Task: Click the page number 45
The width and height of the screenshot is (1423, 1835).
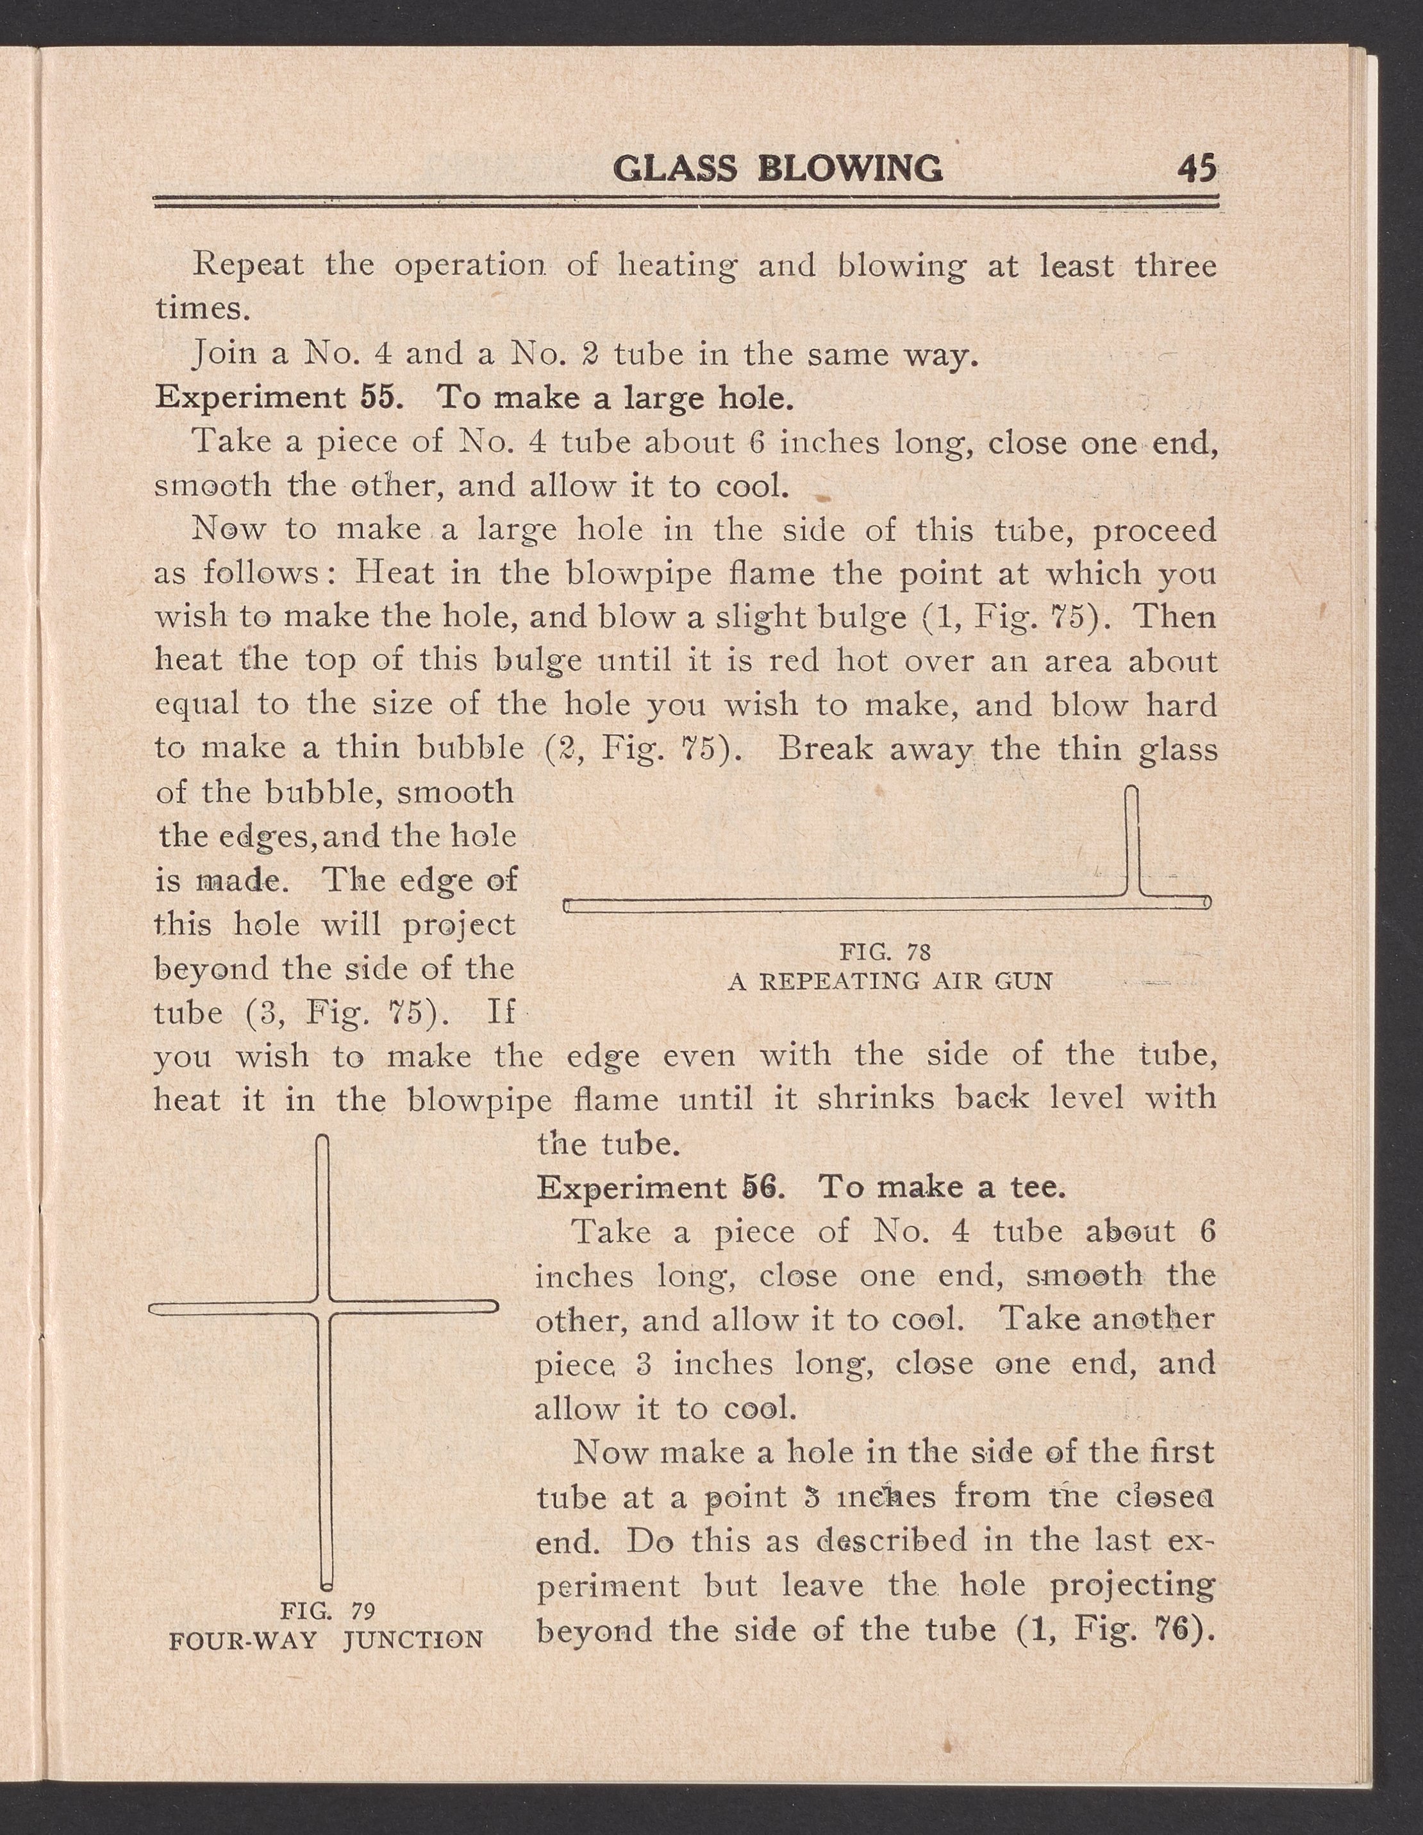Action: pyautogui.click(x=1196, y=168)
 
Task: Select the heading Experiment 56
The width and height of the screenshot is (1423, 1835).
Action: pyautogui.click(x=660, y=1187)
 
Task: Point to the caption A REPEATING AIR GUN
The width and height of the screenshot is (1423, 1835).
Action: pyautogui.click(x=890, y=982)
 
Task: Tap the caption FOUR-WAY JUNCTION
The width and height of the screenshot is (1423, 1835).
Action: pyautogui.click(x=326, y=1640)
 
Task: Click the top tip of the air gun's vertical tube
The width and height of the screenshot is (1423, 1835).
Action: pyautogui.click(x=1131, y=791)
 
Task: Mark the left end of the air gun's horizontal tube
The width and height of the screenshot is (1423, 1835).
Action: pyautogui.click(x=568, y=904)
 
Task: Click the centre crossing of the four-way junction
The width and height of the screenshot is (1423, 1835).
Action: pyautogui.click(x=324, y=1308)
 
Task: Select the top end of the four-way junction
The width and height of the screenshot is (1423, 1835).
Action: pyautogui.click(x=322, y=1139)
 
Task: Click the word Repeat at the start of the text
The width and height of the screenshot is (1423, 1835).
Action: pyautogui.click(x=248, y=265)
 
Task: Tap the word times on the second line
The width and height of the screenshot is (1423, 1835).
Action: pyautogui.click(x=203, y=308)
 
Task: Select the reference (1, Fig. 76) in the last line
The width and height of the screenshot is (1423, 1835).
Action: pyautogui.click(x=1115, y=1631)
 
